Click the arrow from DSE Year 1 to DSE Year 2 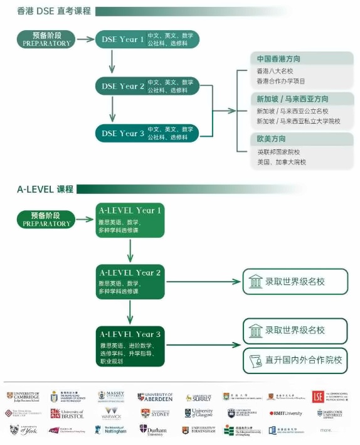(x=112, y=62)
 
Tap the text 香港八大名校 (x=275, y=71)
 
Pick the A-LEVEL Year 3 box (x=130, y=346)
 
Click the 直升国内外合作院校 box (x=295, y=360)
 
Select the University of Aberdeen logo (x=155, y=397)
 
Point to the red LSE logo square (x=318, y=397)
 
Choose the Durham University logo (x=152, y=430)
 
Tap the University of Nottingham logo (x=111, y=430)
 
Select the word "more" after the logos (x=327, y=430)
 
